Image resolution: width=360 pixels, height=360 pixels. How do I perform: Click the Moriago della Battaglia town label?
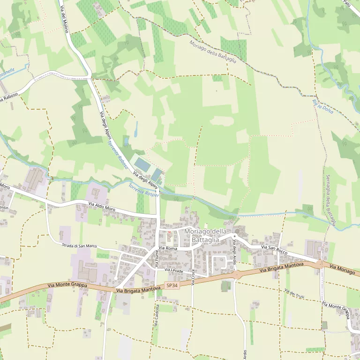tap(205, 236)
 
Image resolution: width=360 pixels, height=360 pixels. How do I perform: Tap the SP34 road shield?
tap(172, 285)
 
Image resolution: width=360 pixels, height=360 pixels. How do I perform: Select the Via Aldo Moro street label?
tap(102, 205)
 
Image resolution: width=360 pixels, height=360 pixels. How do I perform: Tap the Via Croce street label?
tap(193, 277)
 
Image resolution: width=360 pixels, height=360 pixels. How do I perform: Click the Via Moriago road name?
tap(343, 269)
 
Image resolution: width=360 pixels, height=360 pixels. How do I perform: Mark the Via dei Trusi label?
tap(294, 294)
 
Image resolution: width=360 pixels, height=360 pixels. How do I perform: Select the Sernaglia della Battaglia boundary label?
tap(331, 200)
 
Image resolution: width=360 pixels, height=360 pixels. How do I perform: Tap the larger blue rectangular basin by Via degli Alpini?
tap(142, 165)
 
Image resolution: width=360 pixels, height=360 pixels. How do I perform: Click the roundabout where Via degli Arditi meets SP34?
tap(235, 275)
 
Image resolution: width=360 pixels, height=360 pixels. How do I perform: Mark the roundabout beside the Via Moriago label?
tap(321, 264)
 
